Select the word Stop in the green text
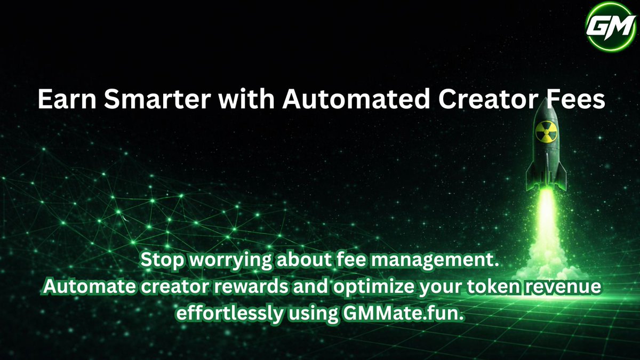(x=161, y=261)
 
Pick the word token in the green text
(x=493, y=288)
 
